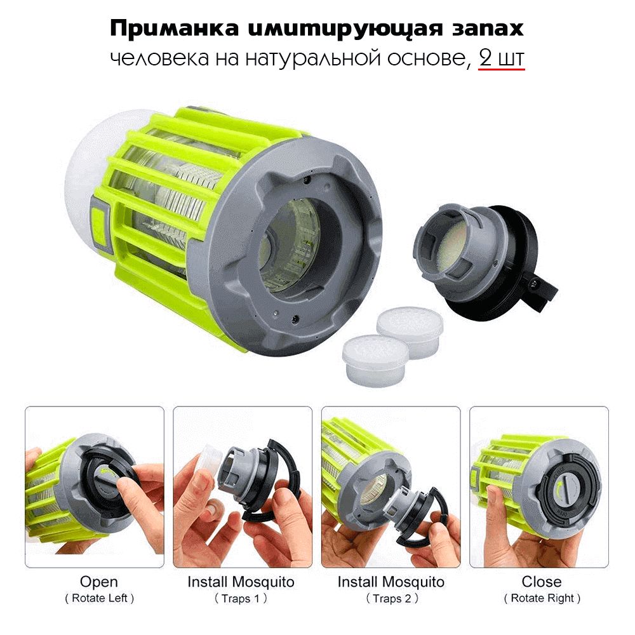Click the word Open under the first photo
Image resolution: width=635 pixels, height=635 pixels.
99,582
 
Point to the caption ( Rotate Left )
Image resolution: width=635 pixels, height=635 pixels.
99,598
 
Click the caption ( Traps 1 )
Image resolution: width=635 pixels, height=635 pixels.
241,598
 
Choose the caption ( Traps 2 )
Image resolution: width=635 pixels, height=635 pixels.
392,598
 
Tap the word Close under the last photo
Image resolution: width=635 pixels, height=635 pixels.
542,582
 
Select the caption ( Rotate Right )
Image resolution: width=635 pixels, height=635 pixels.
542,598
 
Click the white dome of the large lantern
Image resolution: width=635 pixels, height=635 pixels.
95,170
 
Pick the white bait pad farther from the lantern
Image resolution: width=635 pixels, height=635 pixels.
410,332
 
